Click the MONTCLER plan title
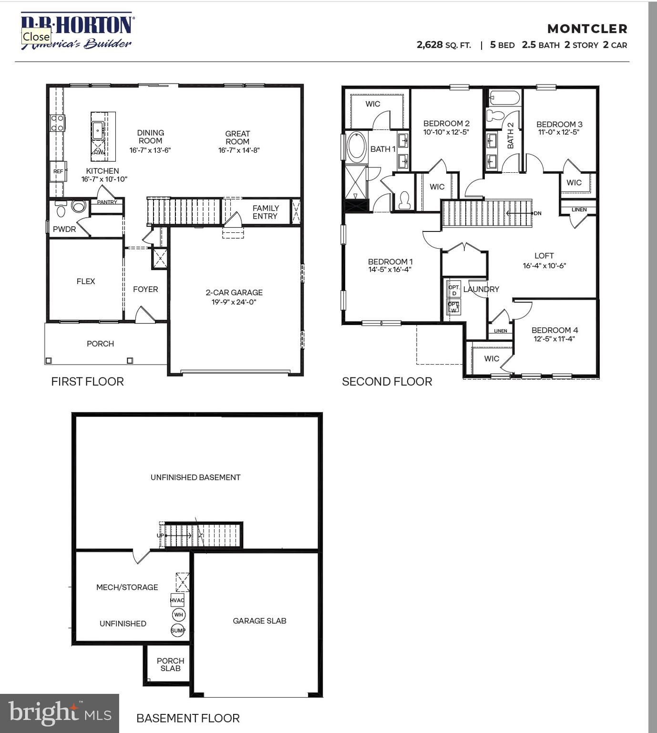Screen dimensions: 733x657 (587, 29)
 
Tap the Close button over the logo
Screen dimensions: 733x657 (36, 36)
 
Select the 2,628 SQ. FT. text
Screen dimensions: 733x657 (443, 45)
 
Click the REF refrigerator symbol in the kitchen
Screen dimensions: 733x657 (58, 171)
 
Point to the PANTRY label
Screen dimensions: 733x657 (107, 202)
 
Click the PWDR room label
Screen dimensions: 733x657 (64, 229)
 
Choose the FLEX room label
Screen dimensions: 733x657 (86, 282)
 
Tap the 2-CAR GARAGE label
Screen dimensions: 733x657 (234, 293)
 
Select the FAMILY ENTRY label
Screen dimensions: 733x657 (266, 212)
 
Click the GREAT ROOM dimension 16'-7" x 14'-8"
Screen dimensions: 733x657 (239, 150)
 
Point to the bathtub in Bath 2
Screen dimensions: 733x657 (504, 98)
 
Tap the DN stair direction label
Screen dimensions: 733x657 (537, 213)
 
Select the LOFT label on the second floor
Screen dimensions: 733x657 (544, 256)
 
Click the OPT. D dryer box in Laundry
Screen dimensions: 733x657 (454, 290)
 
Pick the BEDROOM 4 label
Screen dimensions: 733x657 (554, 330)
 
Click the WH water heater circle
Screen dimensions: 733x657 (178, 615)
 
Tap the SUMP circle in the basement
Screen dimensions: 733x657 (178, 630)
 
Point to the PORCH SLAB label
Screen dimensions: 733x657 (170, 664)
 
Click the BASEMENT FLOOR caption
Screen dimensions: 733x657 (188, 718)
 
